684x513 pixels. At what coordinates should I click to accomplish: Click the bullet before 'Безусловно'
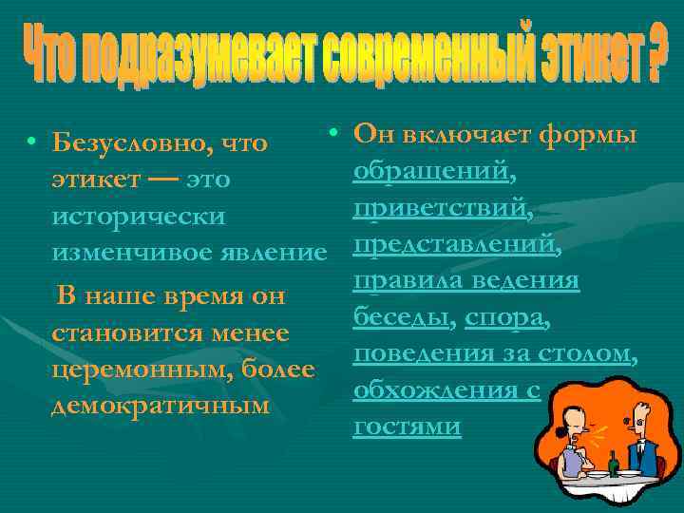click(x=32, y=144)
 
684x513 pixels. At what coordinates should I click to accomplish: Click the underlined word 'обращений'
click(x=433, y=172)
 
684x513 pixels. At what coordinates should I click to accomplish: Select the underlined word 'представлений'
click(x=454, y=244)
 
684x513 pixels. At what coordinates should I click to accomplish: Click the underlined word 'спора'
click(x=503, y=317)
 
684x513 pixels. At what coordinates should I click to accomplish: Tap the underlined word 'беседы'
click(x=399, y=317)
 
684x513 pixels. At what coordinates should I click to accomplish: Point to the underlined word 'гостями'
click(x=407, y=427)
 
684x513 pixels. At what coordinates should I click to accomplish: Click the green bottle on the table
click(x=613, y=463)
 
